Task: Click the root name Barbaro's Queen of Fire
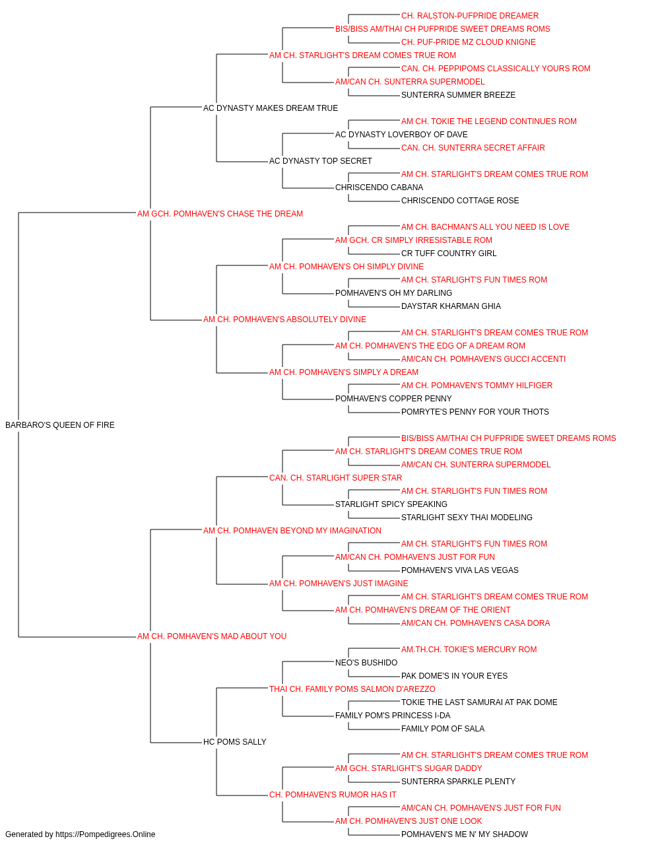coord(60,425)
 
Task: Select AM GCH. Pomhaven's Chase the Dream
coord(220,214)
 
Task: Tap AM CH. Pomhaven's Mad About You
coord(212,636)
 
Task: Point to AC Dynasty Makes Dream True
coord(271,108)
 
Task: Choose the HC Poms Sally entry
coord(235,742)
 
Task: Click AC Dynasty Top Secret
coord(321,161)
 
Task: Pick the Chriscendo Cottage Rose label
coord(460,201)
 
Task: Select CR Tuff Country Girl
coord(449,253)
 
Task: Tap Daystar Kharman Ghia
coord(451,306)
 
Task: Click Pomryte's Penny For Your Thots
coord(475,412)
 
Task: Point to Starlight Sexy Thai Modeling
coord(467,518)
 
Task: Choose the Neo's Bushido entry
coord(366,663)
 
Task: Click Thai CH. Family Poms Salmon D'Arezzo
coord(352,689)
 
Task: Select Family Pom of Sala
coord(443,729)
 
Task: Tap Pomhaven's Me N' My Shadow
coord(465,834)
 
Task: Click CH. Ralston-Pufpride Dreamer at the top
coord(470,16)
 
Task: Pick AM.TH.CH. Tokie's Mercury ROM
coord(469,650)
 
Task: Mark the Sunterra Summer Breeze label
coord(458,95)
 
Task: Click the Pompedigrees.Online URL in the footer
coord(106,834)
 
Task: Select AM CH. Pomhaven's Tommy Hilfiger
coord(477,386)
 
